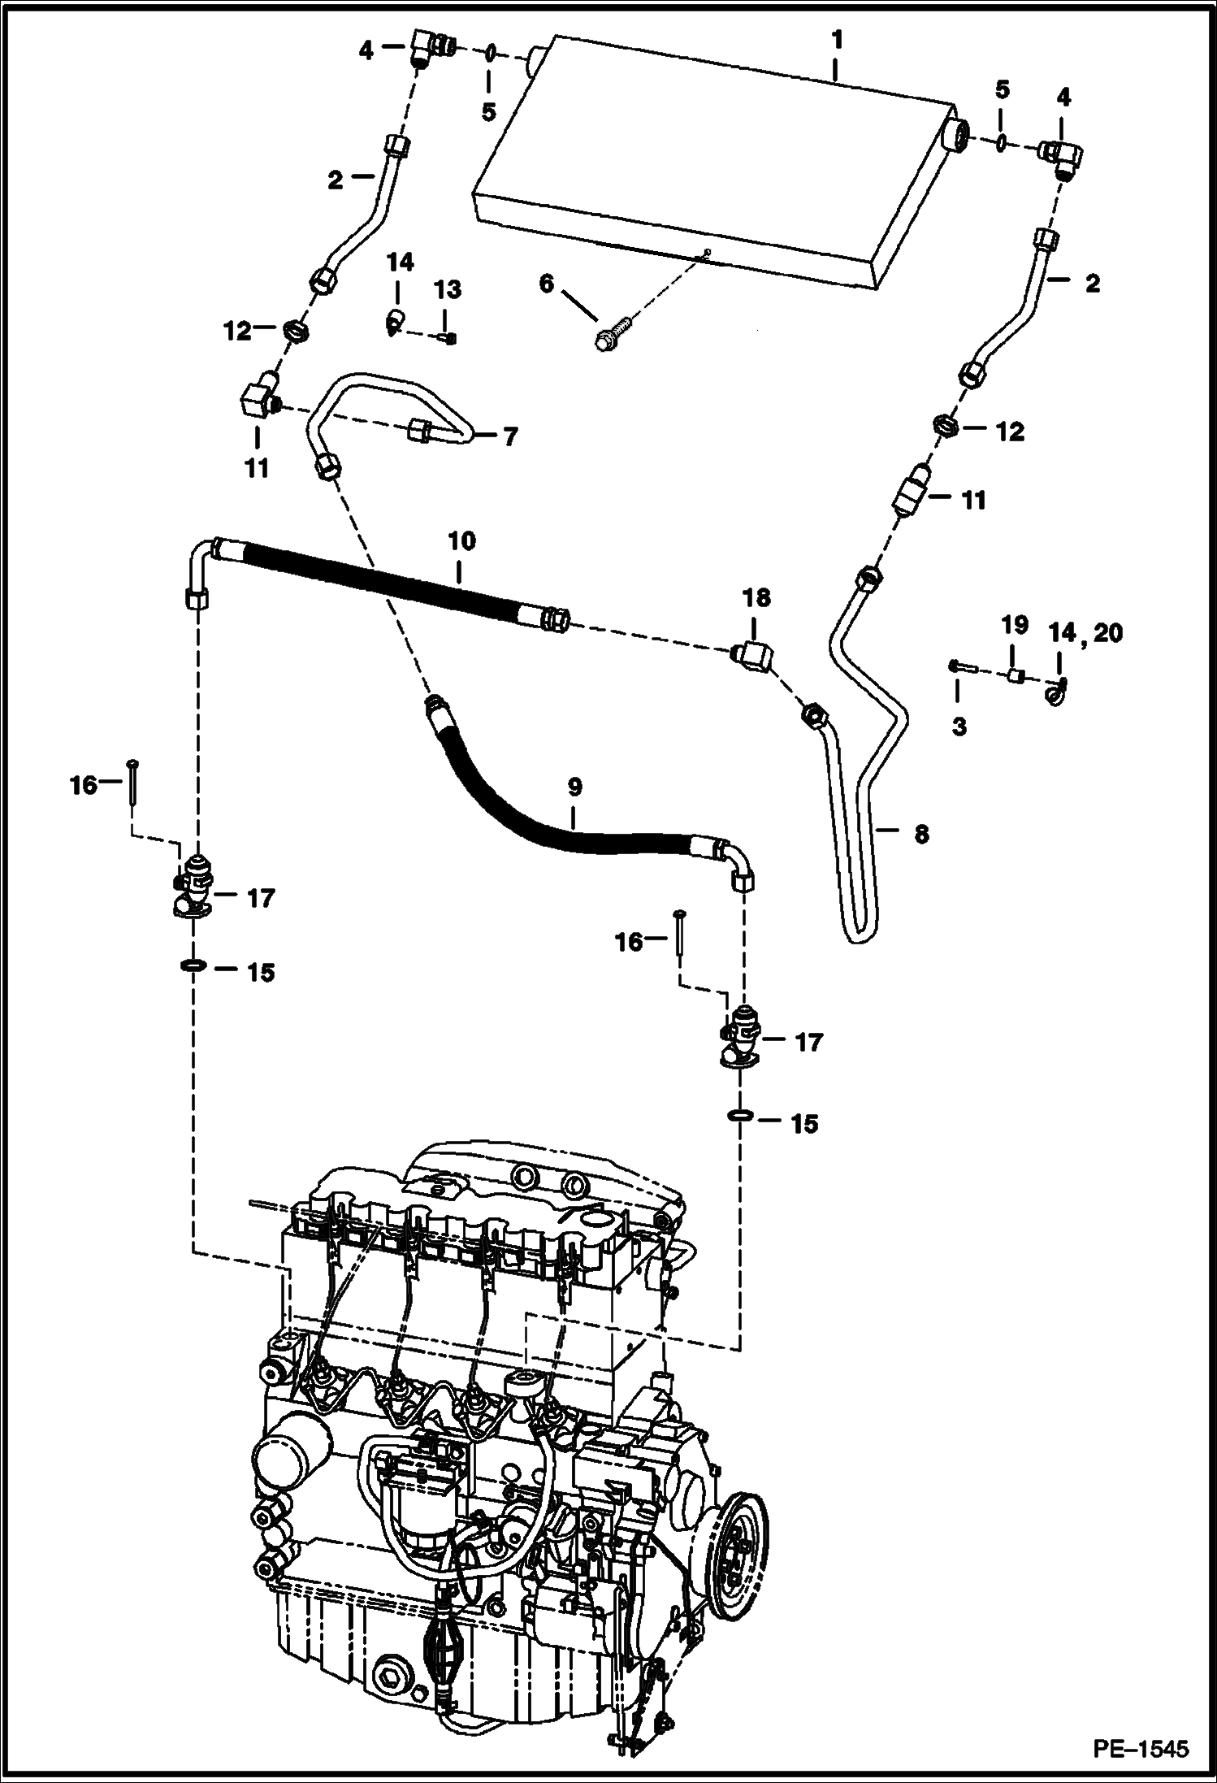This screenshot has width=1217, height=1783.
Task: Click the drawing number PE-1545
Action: coord(1141,1748)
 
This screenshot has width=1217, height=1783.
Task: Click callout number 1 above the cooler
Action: coord(838,39)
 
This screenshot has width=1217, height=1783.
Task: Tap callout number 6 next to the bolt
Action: coord(546,284)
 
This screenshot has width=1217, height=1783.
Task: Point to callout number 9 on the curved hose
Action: coord(574,787)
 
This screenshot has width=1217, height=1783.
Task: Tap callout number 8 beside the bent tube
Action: coord(920,834)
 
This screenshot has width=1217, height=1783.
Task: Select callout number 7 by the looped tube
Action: coord(509,436)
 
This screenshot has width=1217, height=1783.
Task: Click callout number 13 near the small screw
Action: coord(448,290)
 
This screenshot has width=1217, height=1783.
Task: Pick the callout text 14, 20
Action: coord(1085,631)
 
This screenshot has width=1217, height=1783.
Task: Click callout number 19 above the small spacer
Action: coord(1015,625)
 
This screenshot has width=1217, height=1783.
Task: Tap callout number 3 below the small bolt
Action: coord(959,726)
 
